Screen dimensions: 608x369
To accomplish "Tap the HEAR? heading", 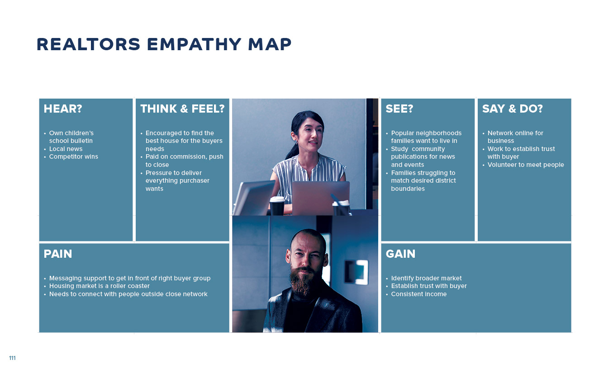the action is click(x=63, y=109).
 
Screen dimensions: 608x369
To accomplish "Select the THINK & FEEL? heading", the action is click(x=182, y=109).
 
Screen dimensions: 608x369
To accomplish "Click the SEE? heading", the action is click(x=399, y=109).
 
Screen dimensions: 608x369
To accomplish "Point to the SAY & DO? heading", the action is click(x=513, y=109).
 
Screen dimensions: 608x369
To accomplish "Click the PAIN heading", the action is click(x=58, y=254).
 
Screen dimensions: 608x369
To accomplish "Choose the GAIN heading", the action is click(x=400, y=254).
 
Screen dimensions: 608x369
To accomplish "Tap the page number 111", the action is click(x=12, y=358).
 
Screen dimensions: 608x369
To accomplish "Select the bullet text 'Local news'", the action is click(x=66, y=149).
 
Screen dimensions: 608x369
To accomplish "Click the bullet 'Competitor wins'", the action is click(x=74, y=156).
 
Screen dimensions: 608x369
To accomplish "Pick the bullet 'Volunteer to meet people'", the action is click(x=526, y=165).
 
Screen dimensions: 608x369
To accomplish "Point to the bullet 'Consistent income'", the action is click(x=419, y=294).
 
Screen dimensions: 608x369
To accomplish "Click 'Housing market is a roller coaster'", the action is click(x=100, y=286).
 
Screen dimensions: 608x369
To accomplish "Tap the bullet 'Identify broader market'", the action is click(x=426, y=278).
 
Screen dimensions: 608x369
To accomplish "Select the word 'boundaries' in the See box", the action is click(x=408, y=189).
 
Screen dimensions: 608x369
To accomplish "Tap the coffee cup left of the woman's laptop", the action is click(x=277, y=206).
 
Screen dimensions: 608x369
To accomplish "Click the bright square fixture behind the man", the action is click(x=356, y=272).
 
